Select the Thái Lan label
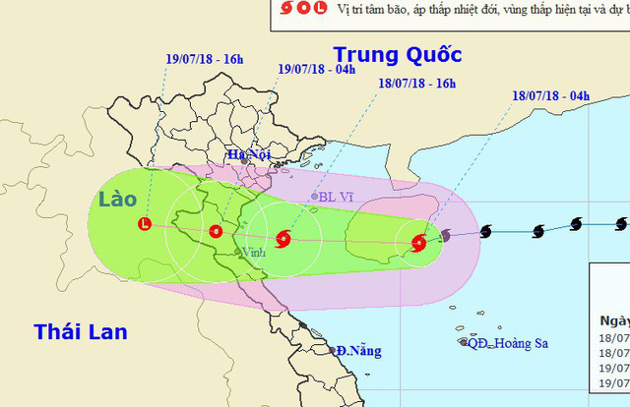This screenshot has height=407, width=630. point(80,332)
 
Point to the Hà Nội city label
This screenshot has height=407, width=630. point(248,154)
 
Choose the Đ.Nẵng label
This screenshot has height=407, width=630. point(357,351)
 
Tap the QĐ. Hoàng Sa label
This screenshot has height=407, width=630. point(509,342)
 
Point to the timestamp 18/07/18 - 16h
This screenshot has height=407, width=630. point(416,84)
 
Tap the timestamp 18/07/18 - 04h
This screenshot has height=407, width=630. point(550,96)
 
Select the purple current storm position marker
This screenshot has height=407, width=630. point(446,236)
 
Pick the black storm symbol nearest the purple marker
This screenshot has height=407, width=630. point(486,233)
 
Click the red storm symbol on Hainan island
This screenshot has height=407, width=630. point(419,242)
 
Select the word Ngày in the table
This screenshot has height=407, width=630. point(613,320)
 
